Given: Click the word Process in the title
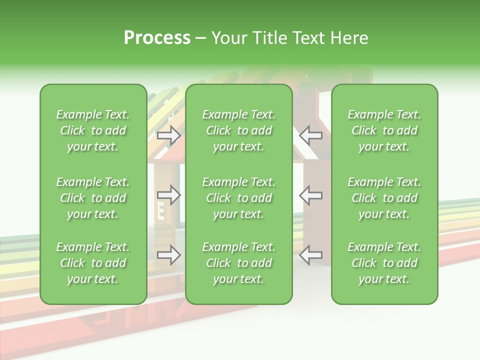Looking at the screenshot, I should pos(157,38).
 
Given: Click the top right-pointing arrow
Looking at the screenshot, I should pos(168,135).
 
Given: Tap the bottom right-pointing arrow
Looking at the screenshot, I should pos(168,255).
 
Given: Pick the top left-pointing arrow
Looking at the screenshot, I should pos(310,135).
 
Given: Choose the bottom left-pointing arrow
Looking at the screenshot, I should pos(310,255).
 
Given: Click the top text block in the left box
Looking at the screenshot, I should pos(93,130).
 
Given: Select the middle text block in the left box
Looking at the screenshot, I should pos(93,198).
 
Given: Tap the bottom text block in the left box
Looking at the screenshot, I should pos(93,263).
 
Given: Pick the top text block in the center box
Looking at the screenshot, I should pos(238,130).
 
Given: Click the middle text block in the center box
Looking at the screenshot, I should pos(238,198).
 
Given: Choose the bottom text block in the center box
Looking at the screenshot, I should pos(238,263).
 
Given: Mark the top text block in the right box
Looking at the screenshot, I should pos(384,130).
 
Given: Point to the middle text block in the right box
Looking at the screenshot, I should pos(384,198).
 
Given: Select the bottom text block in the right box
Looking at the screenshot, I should pos(384,263).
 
